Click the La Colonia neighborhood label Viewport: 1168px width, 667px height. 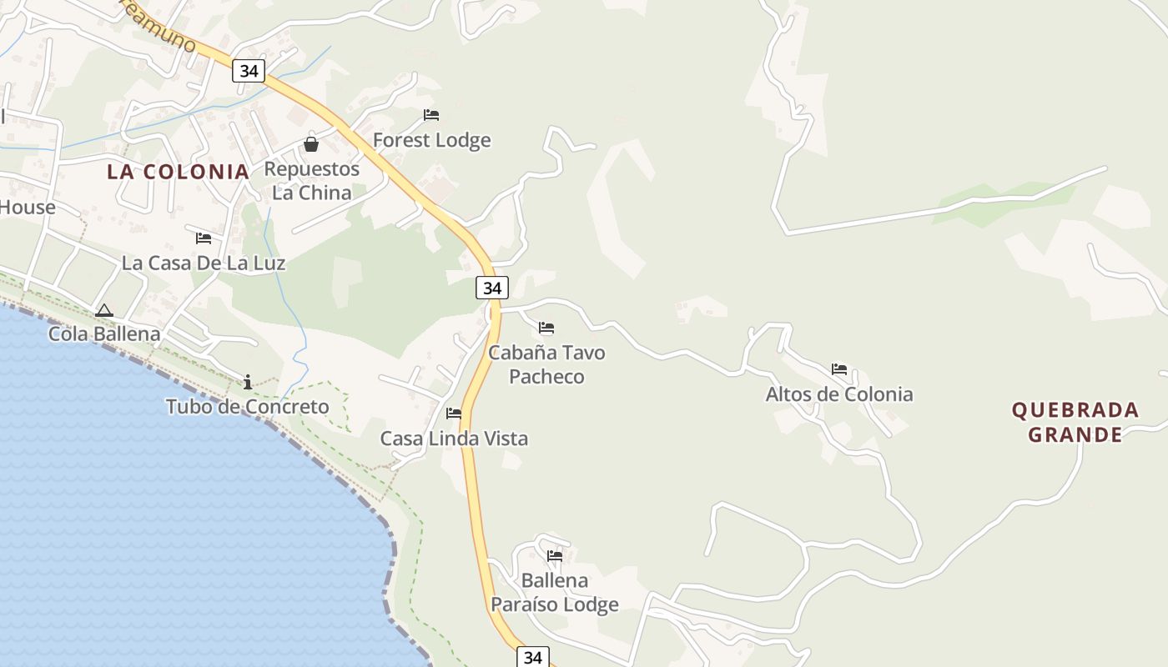pos(178,172)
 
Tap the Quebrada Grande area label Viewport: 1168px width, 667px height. pos(1075,422)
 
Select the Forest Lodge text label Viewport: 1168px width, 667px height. pos(431,140)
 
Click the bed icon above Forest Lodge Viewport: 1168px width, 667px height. pos(431,115)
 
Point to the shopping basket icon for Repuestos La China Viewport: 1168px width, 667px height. pos(311,144)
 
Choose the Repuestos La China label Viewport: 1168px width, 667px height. pos(312,181)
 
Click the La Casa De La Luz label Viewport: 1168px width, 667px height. pos(204,263)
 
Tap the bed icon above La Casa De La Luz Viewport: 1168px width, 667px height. pos(204,238)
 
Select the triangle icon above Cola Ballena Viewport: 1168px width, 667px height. pos(103,311)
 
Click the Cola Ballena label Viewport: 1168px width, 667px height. pos(104,334)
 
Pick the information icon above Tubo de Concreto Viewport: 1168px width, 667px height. pos(248,383)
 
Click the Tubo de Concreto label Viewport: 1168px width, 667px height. pos(248,407)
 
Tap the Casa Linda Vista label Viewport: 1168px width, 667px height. pos(454,439)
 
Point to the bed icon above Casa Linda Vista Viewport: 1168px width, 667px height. pos(454,414)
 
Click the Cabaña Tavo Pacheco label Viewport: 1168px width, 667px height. pos(546,364)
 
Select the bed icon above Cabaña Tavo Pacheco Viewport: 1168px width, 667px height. pos(546,328)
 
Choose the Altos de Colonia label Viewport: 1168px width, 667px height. pos(839,394)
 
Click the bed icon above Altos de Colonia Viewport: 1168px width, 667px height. pos(839,369)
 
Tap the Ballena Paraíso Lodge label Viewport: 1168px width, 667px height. pos(555,592)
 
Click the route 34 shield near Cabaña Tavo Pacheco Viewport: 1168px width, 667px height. pos(492,288)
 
